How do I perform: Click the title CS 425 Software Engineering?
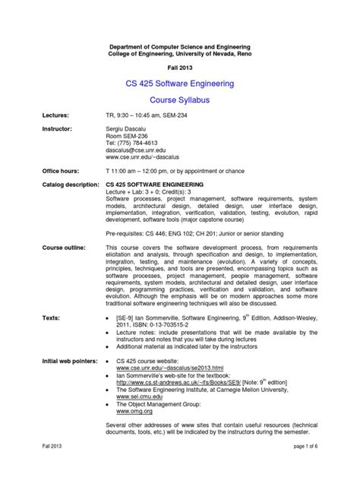[179, 81]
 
